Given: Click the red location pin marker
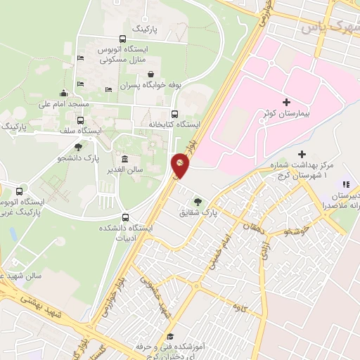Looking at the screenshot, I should [x=181, y=165].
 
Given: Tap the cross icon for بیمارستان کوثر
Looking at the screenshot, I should [x=286, y=103].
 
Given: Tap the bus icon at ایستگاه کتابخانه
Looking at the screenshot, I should [x=174, y=115].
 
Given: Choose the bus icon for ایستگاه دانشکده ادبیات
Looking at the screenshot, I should [x=126, y=217].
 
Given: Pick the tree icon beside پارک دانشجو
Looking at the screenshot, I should [x=78, y=148].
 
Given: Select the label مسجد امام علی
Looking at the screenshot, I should [x=63, y=104].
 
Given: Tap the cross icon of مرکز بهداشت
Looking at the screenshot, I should [x=302, y=154].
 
